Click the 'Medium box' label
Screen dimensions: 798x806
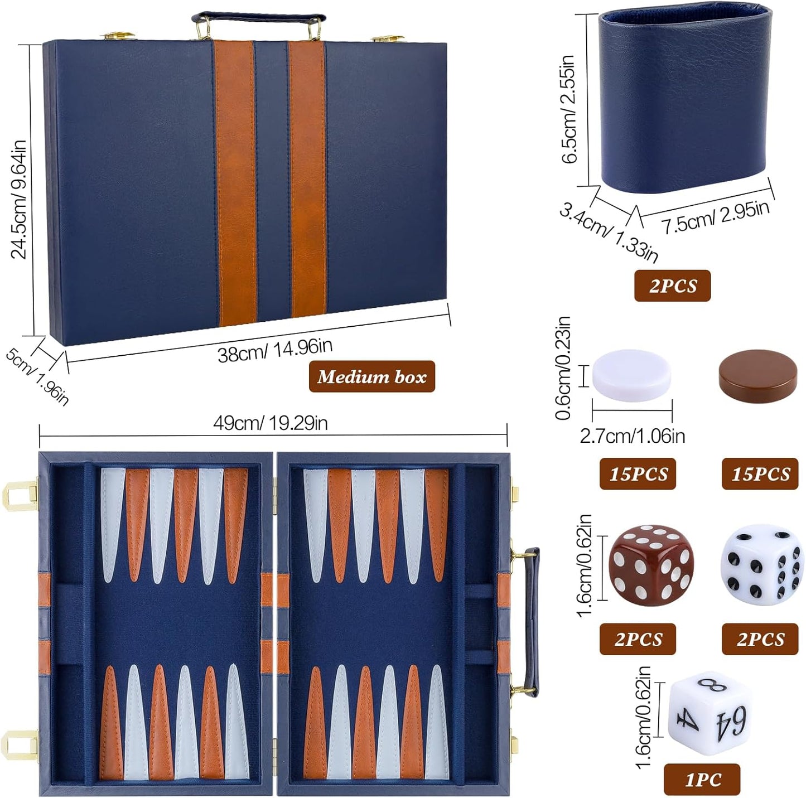coord(371,377)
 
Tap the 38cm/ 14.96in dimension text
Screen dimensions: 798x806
coord(275,350)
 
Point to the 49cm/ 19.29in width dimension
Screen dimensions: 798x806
coord(271,423)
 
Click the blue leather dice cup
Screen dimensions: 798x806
coord(685,101)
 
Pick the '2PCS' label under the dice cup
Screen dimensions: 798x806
coord(672,286)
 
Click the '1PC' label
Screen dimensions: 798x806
coord(702,779)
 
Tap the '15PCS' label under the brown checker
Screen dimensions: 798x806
coord(760,474)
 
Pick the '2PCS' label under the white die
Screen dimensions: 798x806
coord(760,639)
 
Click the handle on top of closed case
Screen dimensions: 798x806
coord(257,20)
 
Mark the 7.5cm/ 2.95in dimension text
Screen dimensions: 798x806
coord(716,217)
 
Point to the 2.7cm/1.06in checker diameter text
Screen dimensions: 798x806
coord(632,436)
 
